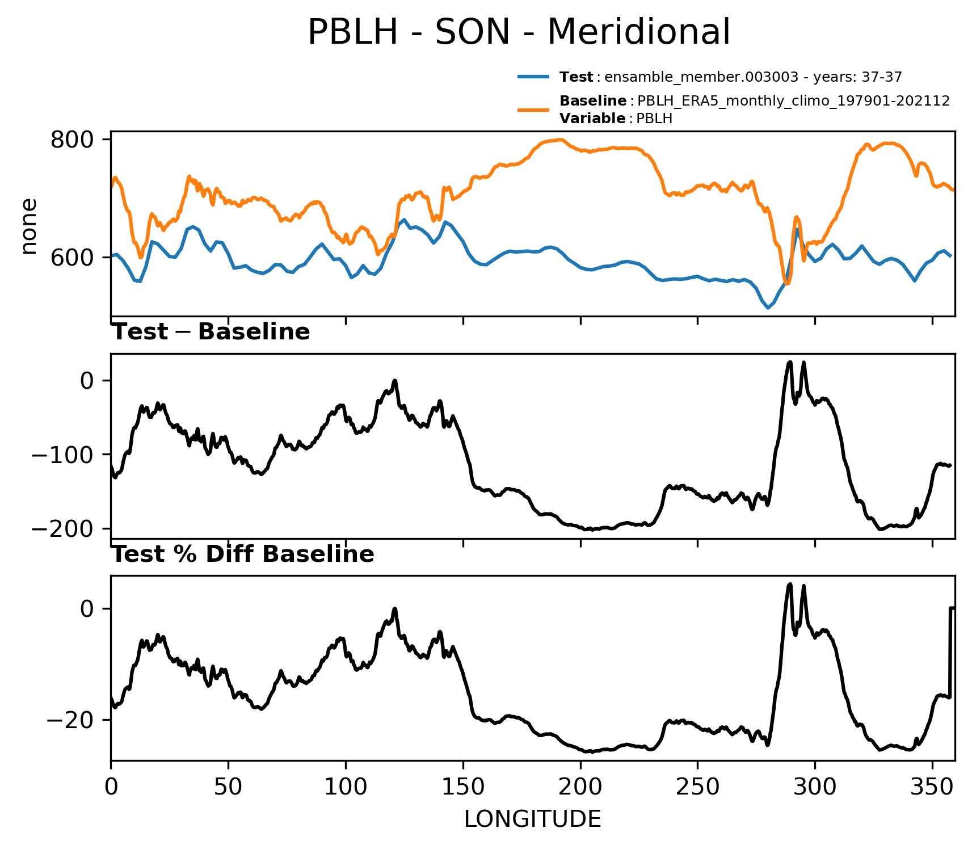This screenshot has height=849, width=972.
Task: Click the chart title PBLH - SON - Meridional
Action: pyautogui.click(x=519, y=32)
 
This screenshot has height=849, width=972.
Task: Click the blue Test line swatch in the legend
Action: pyautogui.click(x=533, y=77)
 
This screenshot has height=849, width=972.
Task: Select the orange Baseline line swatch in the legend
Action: pyautogui.click(x=533, y=109)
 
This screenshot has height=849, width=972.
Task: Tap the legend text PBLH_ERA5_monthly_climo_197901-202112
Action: pyautogui.click(x=793, y=101)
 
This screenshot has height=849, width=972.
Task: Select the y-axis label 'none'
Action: pyautogui.click(x=28, y=226)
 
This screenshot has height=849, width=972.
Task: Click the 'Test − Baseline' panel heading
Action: pyautogui.click(x=211, y=332)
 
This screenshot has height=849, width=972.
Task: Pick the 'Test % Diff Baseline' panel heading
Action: pyautogui.click(x=243, y=554)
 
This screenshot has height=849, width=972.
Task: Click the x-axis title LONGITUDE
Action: pyautogui.click(x=533, y=819)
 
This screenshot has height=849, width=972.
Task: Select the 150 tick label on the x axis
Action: pyautogui.click(x=463, y=787)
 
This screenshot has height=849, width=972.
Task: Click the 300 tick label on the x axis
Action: pyautogui.click(x=815, y=787)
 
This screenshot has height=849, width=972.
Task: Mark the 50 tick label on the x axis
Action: pyautogui.click(x=228, y=787)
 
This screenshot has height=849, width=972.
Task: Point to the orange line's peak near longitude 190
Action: pyautogui.click(x=560, y=140)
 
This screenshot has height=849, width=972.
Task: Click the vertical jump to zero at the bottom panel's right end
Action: pyautogui.click(x=950, y=653)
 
